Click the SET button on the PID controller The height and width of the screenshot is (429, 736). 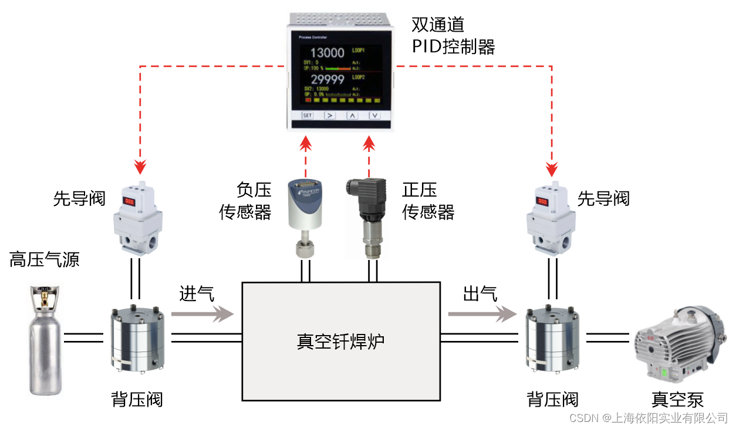308,115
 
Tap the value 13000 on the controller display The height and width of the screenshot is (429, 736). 327,52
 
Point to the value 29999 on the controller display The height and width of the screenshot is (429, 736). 327,80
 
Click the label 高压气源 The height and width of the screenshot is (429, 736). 44,259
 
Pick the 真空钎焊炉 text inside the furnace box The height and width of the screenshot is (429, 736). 340,341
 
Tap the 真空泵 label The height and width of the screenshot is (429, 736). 677,400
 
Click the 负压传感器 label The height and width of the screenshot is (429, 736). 245,200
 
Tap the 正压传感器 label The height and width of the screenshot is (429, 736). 428,200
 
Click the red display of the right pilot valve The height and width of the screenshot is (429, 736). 542,202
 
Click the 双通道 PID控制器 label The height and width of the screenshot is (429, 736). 453,35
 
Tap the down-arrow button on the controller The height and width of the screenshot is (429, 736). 374,115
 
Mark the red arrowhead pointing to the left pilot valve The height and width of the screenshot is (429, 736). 140,168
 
